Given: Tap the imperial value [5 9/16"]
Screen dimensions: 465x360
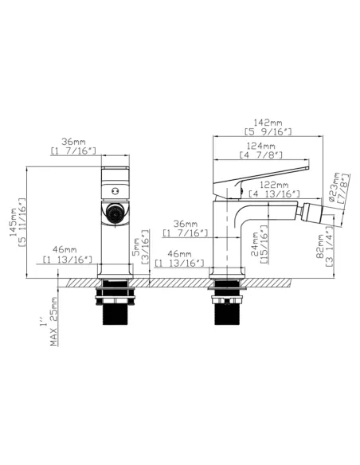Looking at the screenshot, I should (267, 131).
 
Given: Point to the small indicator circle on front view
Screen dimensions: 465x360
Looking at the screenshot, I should (114, 190).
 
